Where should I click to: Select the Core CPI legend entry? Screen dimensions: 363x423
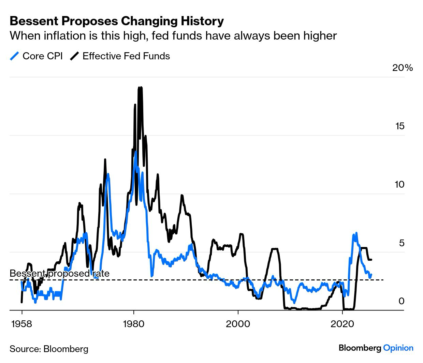(42, 56)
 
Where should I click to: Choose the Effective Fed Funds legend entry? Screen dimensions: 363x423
(126, 56)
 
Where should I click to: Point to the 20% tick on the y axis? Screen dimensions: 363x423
(403, 68)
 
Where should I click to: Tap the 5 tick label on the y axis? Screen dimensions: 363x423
(402, 243)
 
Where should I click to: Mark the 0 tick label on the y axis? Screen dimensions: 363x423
(402, 301)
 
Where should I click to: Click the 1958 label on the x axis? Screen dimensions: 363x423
(22, 323)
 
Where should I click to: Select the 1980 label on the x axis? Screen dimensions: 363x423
(134, 323)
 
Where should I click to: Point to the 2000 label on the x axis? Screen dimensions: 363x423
(238, 323)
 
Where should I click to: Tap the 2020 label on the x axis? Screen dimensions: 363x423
(342, 323)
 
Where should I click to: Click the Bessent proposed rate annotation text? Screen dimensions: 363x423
(59, 273)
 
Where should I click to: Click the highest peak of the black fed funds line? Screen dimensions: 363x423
(139, 88)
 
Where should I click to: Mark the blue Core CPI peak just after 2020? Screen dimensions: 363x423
(356, 233)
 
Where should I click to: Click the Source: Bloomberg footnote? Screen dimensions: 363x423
(49, 349)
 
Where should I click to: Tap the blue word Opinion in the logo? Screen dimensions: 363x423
(398, 348)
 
